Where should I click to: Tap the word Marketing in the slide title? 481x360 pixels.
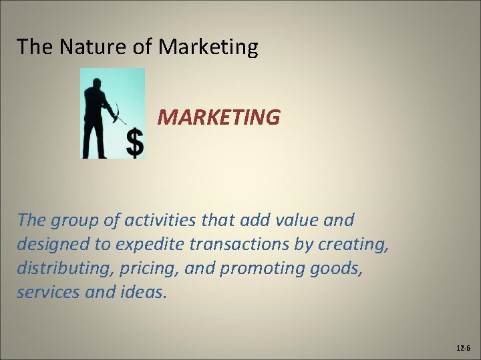tap(209, 47)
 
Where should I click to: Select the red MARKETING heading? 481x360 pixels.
tap(218, 117)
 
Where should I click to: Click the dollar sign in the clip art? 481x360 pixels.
tap(135, 143)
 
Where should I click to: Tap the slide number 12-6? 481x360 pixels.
tap(463, 348)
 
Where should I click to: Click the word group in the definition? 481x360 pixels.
tap(71, 219)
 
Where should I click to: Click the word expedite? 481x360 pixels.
tap(149, 244)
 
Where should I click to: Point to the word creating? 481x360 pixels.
tap(353, 244)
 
